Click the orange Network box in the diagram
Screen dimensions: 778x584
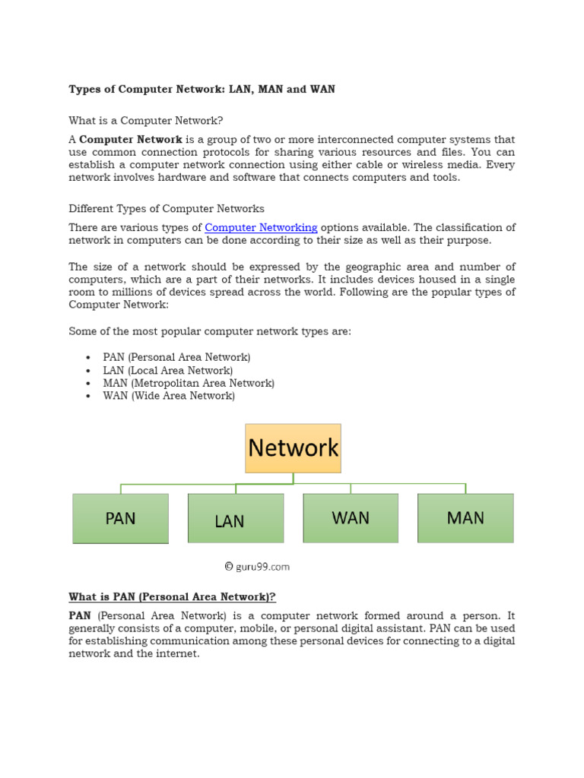pyautogui.click(x=293, y=448)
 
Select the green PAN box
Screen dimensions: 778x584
pyautogui.click(x=120, y=518)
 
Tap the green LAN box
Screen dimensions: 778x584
pyautogui.click(x=236, y=519)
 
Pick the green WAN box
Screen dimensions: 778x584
pyautogui.click(x=351, y=518)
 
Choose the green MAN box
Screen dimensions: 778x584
pyautogui.click(x=465, y=518)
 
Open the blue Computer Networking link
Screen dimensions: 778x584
pyautogui.click(x=261, y=228)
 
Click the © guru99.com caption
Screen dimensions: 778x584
pyautogui.click(x=257, y=567)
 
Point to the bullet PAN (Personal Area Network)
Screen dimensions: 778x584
pyautogui.click(x=176, y=357)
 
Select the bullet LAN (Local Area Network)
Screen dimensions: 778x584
pyautogui.click(x=167, y=370)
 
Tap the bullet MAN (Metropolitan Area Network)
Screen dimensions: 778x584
pyautogui.click(x=189, y=383)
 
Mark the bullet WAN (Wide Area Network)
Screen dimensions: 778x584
pyautogui.click(x=169, y=396)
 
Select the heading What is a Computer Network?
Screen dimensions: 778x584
pyautogui.click(x=146, y=121)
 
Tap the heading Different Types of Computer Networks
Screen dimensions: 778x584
pyautogui.click(x=167, y=209)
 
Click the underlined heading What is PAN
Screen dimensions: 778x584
pyautogui.click(x=172, y=597)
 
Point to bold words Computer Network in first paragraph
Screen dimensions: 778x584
pyautogui.click(x=131, y=140)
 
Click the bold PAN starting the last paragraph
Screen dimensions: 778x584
pyautogui.click(x=80, y=616)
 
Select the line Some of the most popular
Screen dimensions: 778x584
pyautogui.click(x=210, y=332)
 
